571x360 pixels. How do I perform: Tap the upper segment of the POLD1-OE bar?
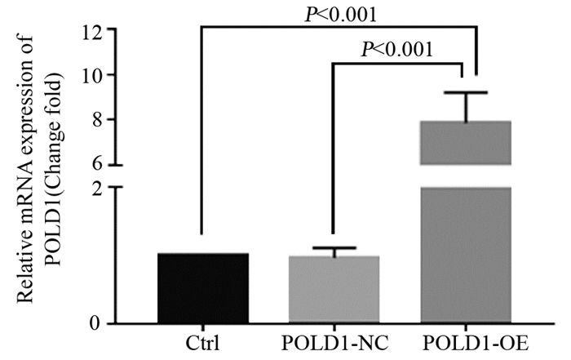[x=465, y=142]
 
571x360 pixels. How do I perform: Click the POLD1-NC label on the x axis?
[x=334, y=341]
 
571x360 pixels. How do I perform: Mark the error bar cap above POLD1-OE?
[x=465, y=93]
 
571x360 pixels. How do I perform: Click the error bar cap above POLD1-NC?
[x=334, y=247]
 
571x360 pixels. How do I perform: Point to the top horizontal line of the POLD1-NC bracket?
[x=399, y=63]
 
